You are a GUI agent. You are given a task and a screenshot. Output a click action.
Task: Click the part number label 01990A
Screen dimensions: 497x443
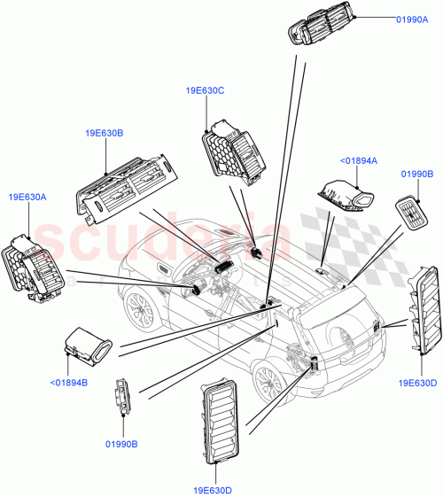click(410, 18)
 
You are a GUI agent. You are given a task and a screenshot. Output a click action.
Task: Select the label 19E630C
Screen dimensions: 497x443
click(205, 90)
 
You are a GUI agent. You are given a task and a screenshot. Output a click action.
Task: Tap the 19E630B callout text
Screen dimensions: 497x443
click(104, 133)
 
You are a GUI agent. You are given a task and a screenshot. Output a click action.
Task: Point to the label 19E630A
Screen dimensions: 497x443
click(27, 197)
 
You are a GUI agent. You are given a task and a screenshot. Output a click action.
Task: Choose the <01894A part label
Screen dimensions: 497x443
click(359, 160)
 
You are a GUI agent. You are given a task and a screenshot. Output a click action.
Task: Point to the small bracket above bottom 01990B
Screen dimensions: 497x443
click(122, 399)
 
